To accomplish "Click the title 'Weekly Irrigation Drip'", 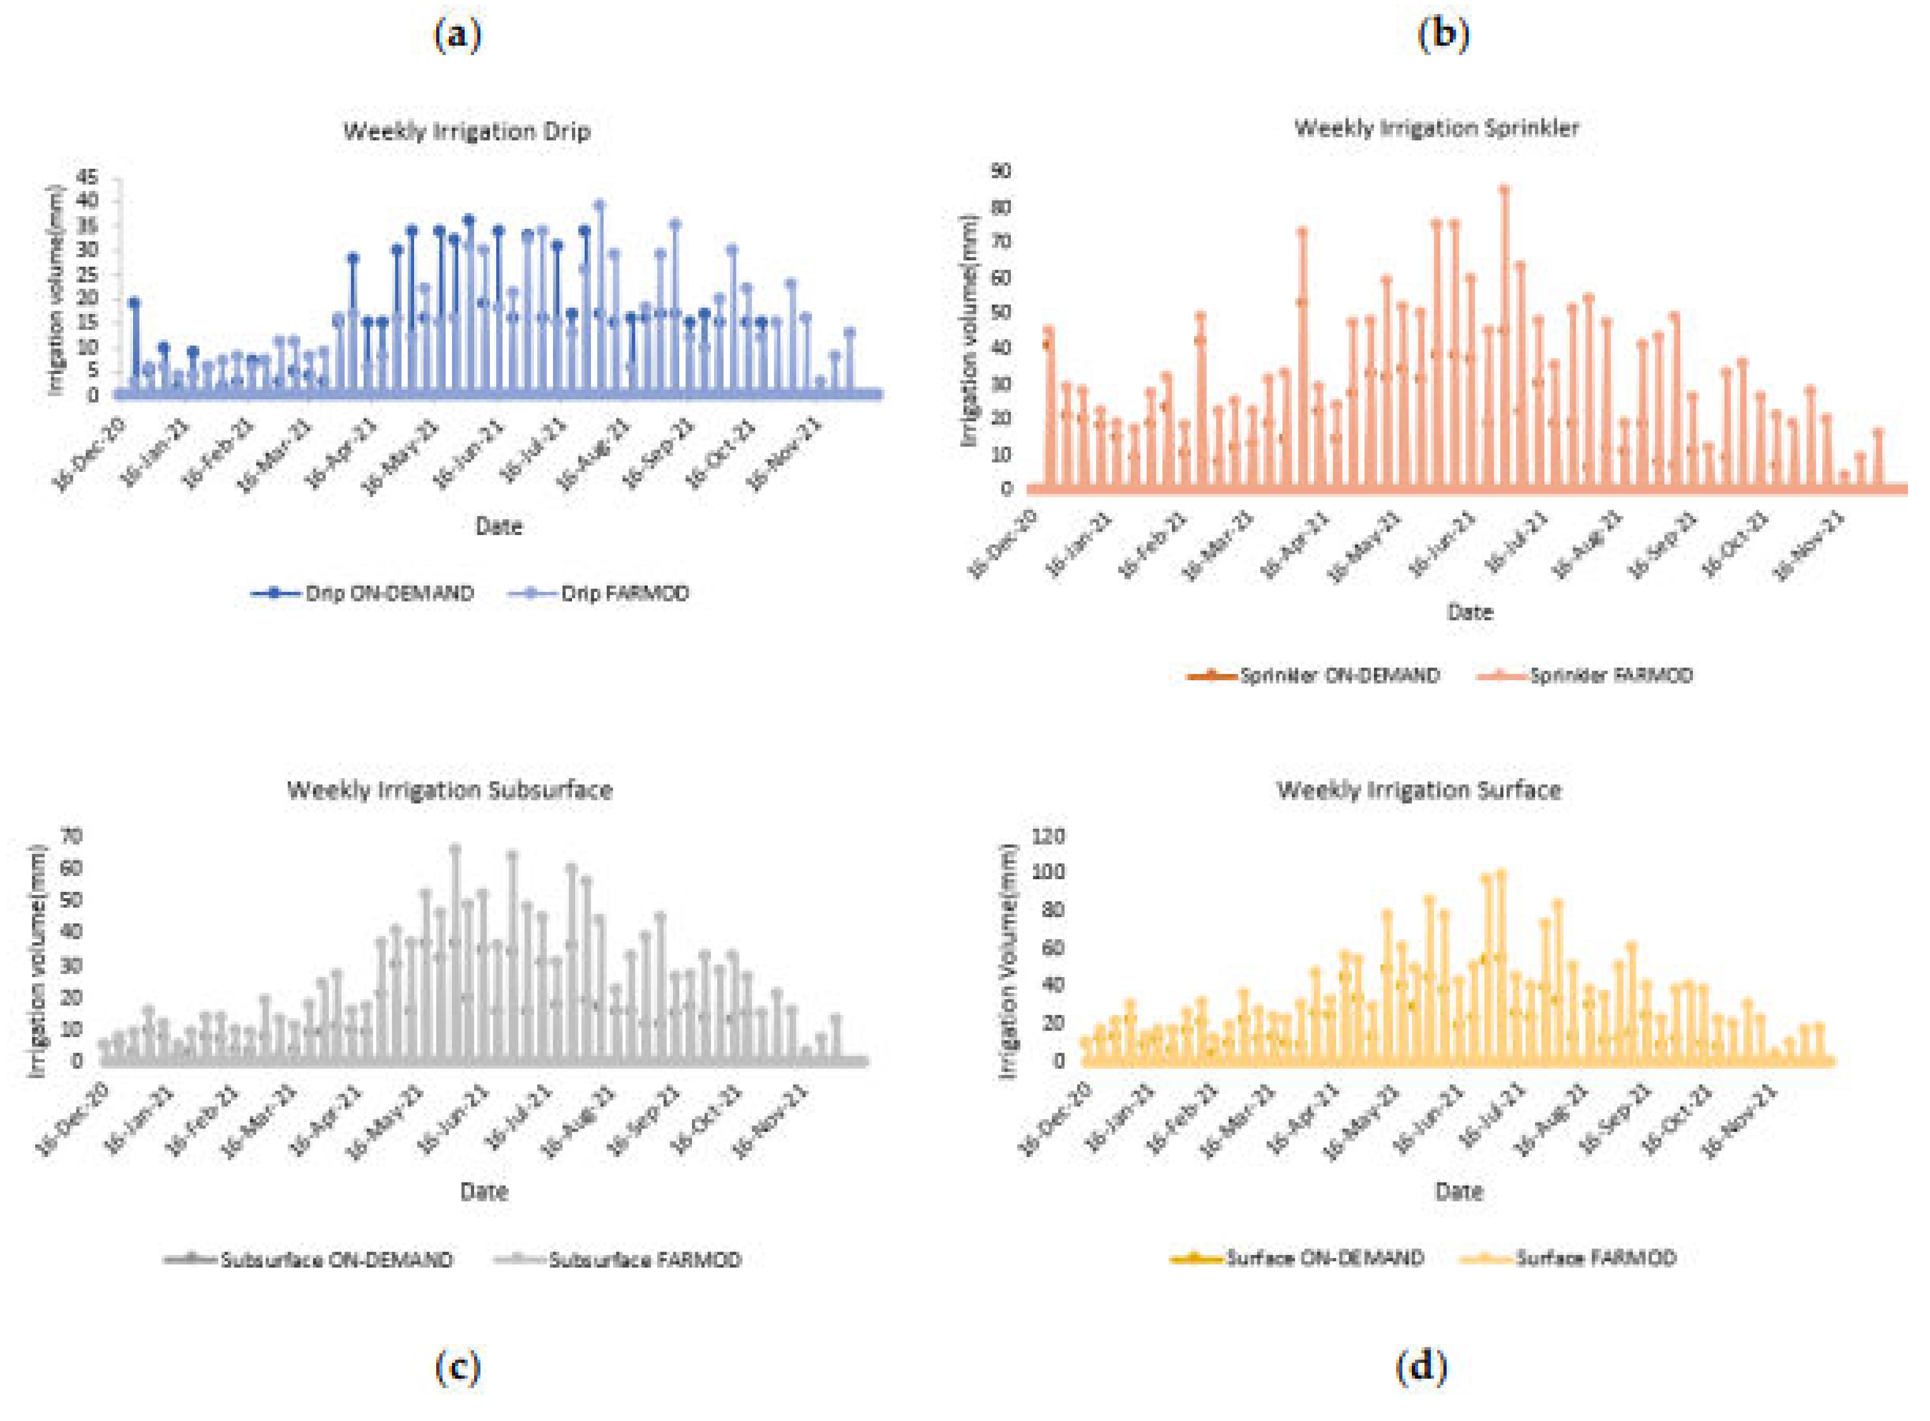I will click(x=467, y=131).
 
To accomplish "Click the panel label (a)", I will click(x=458, y=35).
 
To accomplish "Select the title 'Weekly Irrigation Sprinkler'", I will click(x=1436, y=128).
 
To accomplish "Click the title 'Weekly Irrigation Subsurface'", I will click(x=450, y=790).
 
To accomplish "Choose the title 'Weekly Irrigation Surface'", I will click(x=1419, y=790).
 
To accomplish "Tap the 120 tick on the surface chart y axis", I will click(x=1051, y=835).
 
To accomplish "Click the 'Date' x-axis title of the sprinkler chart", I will click(x=1470, y=613).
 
